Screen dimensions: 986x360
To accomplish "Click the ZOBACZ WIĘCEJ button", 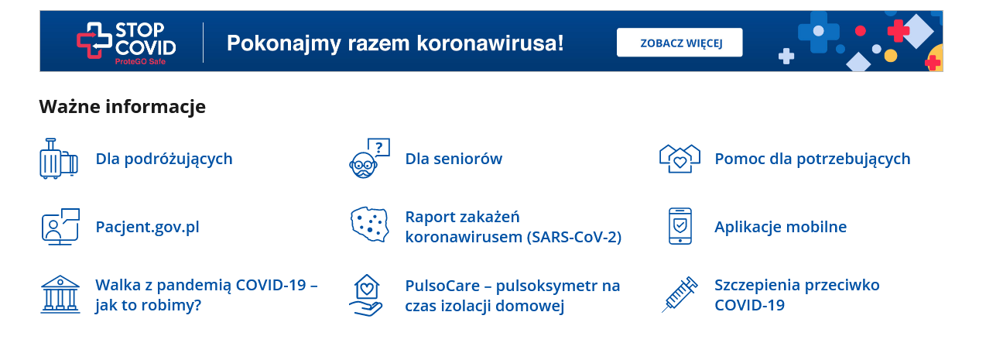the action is [680, 43].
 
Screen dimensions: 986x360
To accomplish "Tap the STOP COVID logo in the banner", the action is [126, 43].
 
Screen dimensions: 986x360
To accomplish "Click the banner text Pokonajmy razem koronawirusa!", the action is [395, 43].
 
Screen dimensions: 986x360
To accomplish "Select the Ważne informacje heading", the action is [122, 107].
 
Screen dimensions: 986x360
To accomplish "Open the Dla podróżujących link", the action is [164, 159].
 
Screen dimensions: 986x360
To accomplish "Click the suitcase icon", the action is [59, 159].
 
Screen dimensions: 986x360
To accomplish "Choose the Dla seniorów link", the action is [454, 159].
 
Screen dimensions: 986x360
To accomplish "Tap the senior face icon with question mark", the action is [369, 158].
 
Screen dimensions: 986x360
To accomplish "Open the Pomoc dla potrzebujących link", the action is [812, 159].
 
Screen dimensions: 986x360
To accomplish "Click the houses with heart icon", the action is [680, 159].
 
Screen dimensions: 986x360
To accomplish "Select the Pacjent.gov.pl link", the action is [148, 227].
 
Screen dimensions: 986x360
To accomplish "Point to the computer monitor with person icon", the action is [60, 227].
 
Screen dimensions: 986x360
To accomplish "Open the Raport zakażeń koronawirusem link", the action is [513, 227].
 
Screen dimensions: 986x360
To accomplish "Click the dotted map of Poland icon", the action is [370, 225].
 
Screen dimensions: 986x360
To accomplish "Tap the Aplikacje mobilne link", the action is [780, 227].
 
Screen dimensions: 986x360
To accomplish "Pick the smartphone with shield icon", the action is [680, 226].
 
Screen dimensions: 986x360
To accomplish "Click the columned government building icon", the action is [60, 294].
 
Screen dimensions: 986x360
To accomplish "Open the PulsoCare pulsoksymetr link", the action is [512, 296].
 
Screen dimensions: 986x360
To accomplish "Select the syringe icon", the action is [680, 294].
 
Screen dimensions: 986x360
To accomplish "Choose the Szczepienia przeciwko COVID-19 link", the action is [796, 295].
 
